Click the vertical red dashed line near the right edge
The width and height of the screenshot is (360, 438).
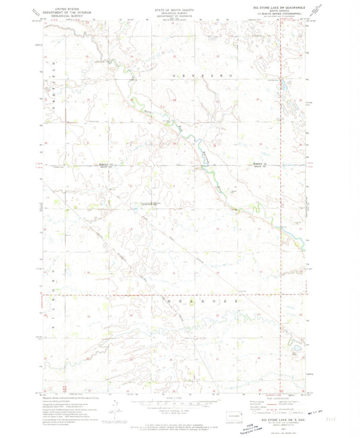click(x=282, y=203)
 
